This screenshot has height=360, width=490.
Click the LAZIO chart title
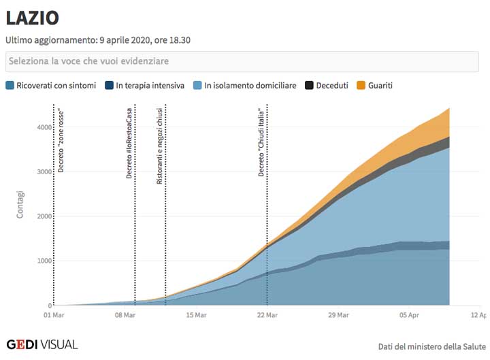[x=32, y=18]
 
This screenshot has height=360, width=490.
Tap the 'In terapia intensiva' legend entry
[x=144, y=86]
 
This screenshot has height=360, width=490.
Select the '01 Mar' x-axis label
[x=54, y=315]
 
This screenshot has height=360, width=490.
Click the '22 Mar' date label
[x=267, y=315]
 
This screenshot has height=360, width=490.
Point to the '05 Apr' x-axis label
[x=409, y=315]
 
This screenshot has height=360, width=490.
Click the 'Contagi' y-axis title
[x=21, y=205]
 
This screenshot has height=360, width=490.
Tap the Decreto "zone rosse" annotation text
[x=61, y=140]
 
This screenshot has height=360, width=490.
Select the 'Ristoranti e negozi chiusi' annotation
[x=159, y=142]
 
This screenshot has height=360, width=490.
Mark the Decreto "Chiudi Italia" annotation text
[x=261, y=142]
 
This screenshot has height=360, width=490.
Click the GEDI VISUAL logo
[x=42, y=344]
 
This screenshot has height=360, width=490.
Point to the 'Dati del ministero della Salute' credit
[x=431, y=346]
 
